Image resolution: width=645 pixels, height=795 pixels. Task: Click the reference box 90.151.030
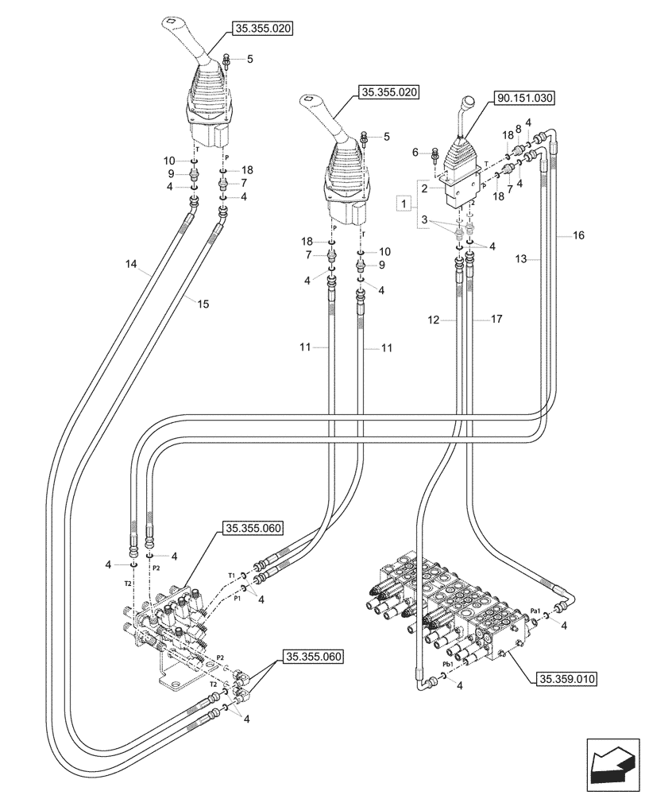(x=525, y=99)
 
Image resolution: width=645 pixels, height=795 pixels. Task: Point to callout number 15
(x=203, y=304)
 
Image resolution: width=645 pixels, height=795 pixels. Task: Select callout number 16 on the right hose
(x=577, y=235)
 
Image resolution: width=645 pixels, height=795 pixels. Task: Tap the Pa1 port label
(x=536, y=610)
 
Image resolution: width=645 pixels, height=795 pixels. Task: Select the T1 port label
(x=231, y=574)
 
